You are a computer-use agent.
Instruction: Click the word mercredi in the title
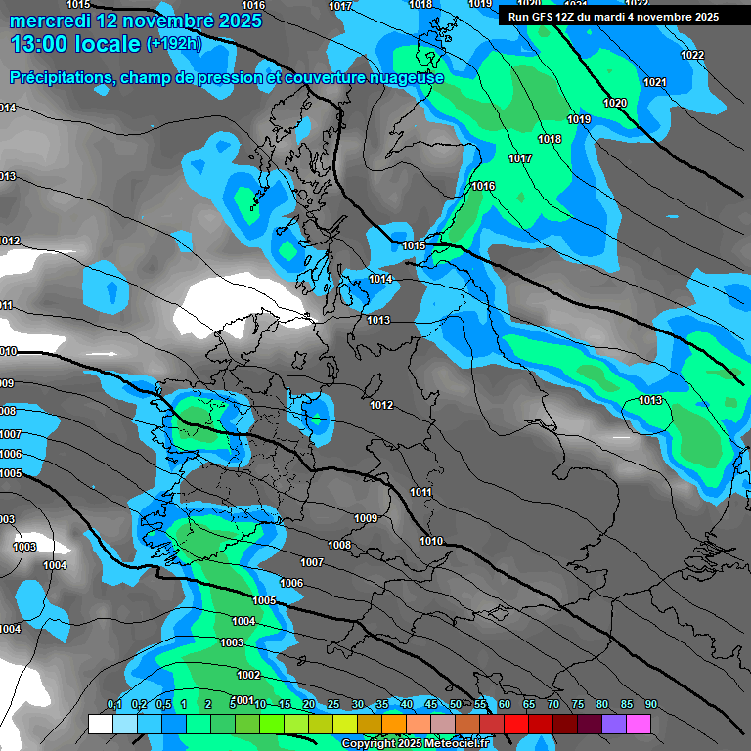(x=49, y=20)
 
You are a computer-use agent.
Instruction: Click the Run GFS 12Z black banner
(x=613, y=16)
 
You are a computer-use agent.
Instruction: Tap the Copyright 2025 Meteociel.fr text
(x=416, y=743)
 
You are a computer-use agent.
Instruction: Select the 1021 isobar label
(x=655, y=82)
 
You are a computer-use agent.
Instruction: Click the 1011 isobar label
(x=421, y=492)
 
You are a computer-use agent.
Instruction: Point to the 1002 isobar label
(x=248, y=675)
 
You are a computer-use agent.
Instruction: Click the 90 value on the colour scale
(x=650, y=705)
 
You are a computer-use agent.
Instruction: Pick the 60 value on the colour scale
(x=505, y=705)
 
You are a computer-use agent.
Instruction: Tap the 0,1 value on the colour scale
(x=113, y=705)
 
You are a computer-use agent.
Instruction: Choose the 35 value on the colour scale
(x=382, y=705)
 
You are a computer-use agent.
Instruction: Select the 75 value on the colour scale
(x=577, y=705)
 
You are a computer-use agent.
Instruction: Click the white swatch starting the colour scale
(x=100, y=724)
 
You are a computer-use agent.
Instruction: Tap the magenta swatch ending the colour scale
(x=639, y=724)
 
